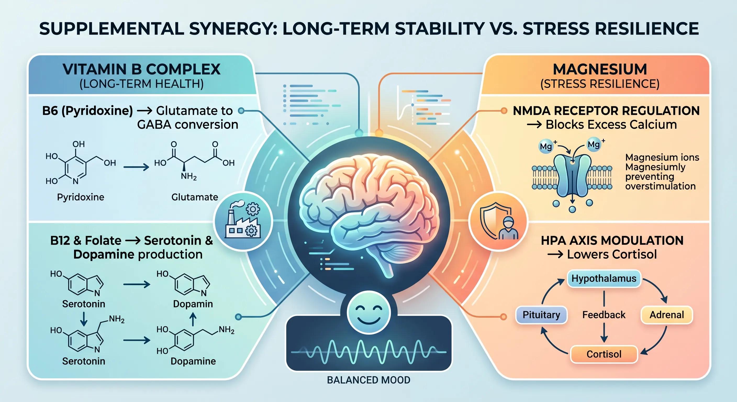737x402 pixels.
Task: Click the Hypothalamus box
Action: [604, 278]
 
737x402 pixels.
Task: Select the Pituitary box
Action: [541, 315]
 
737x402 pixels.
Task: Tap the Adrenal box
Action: [667, 315]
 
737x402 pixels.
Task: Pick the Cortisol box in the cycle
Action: [604, 354]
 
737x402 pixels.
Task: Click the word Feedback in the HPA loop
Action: [604, 315]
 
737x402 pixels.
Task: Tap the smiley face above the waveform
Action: [368, 312]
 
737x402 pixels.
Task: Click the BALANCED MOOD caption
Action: [368, 380]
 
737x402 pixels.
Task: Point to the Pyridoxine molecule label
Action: [80, 197]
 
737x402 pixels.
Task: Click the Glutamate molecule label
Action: [194, 197]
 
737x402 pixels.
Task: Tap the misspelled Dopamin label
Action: [193, 304]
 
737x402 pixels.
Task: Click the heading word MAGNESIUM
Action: [600, 69]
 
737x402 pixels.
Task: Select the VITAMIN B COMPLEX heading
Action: [142, 69]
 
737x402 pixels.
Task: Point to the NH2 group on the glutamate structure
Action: [188, 176]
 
